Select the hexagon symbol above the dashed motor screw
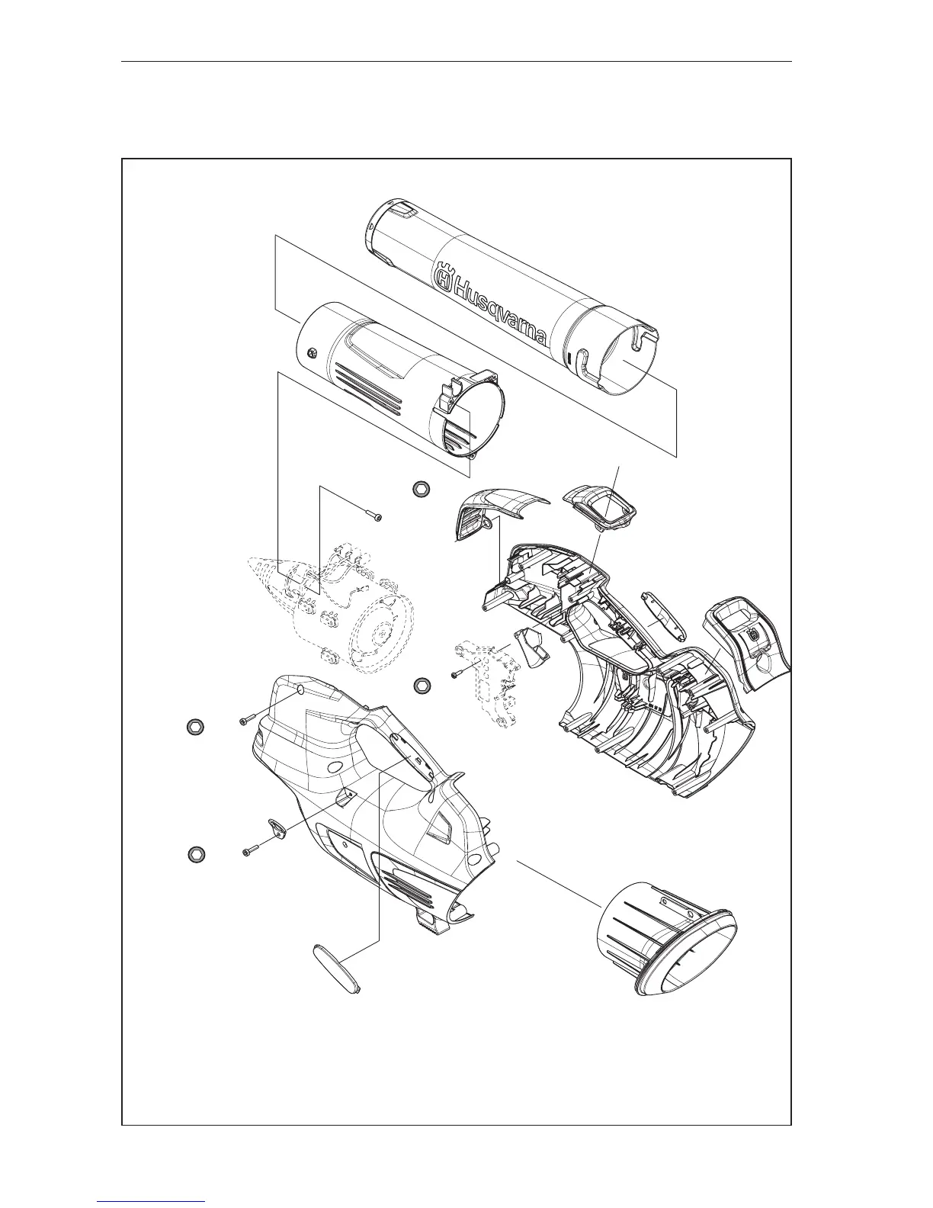419,489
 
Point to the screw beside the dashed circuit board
455,673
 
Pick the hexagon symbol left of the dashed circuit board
419,686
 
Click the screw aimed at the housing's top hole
246,720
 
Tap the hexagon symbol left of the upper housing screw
195,726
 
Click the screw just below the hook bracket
248,851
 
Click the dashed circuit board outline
488,679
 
